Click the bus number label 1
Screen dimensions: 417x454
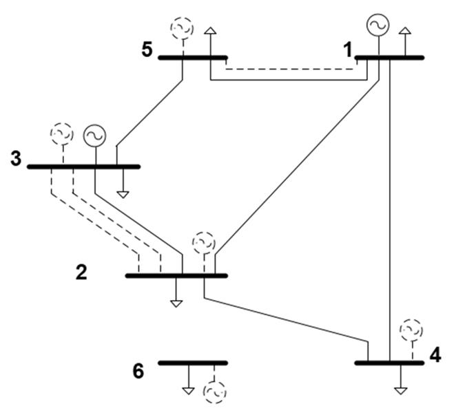pos(349,49)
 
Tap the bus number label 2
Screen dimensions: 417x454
pos(81,272)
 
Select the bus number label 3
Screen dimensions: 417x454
pos(15,158)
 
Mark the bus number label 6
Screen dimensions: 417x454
pos(138,371)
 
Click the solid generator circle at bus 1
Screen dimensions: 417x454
pos(378,25)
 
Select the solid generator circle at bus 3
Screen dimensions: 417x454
pos(94,135)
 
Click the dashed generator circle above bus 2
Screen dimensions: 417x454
pos(204,243)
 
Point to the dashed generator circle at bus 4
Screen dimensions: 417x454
pos(412,330)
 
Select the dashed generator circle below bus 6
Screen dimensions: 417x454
pos(214,392)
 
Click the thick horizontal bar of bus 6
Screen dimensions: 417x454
pos(192,363)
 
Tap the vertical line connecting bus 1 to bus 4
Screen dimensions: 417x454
pos(390,206)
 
